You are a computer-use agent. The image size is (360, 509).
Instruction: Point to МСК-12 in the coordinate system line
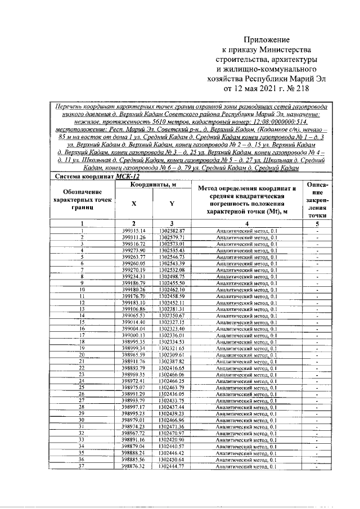(x=127, y=177)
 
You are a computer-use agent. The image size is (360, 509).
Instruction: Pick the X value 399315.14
(x=133, y=231)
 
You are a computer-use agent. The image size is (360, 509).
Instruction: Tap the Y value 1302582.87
(x=172, y=231)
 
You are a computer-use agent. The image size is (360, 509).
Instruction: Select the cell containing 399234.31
(x=133, y=276)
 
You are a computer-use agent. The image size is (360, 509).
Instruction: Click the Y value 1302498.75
(x=172, y=276)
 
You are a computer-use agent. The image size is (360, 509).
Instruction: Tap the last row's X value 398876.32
(x=133, y=466)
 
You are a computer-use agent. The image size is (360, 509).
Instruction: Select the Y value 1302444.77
(x=172, y=466)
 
